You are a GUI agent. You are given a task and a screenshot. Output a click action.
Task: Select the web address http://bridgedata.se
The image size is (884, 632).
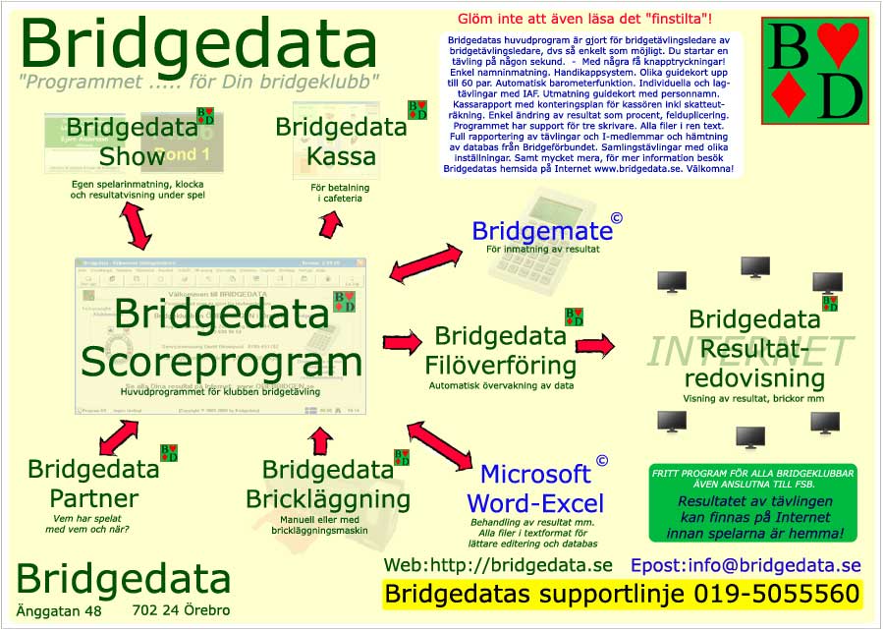point(497,565)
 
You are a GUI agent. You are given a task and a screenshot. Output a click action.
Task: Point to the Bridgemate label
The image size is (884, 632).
point(542,231)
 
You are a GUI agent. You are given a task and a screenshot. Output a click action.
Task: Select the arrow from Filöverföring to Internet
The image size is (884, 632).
point(595,344)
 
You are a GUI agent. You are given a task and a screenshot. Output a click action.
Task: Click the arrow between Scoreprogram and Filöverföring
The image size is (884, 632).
point(401,342)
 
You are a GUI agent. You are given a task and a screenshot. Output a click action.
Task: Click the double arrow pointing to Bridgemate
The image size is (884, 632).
point(425,261)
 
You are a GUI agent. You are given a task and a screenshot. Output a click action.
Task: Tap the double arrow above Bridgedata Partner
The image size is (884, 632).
point(118,434)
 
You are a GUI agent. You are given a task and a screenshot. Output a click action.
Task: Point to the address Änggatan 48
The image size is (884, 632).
point(58,611)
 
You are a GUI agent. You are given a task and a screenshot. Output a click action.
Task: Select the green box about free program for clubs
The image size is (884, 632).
point(752,503)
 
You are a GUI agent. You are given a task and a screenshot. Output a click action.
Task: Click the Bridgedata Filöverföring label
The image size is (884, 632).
point(500,351)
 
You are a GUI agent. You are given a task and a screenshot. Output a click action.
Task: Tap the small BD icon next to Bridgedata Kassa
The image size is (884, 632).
point(417,110)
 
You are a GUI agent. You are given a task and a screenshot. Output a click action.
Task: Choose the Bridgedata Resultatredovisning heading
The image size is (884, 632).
point(755,348)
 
